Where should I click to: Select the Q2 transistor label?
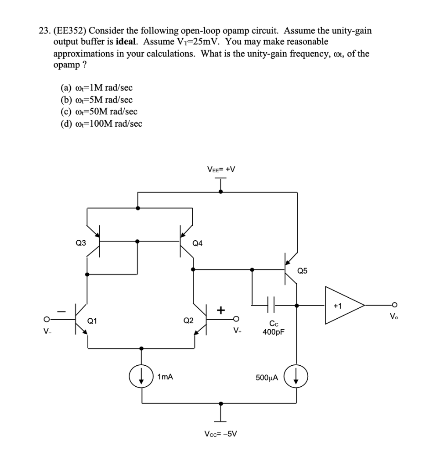[x=188, y=320]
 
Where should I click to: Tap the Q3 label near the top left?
[x=80, y=242]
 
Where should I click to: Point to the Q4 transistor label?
[x=198, y=243]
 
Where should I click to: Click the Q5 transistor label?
[x=303, y=271]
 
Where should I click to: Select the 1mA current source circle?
[x=141, y=377]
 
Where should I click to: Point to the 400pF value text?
[x=274, y=332]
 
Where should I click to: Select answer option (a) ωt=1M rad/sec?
[x=94, y=88]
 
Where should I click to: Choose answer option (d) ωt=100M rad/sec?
[x=101, y=124]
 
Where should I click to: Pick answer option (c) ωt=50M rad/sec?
[x=99, y=112]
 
